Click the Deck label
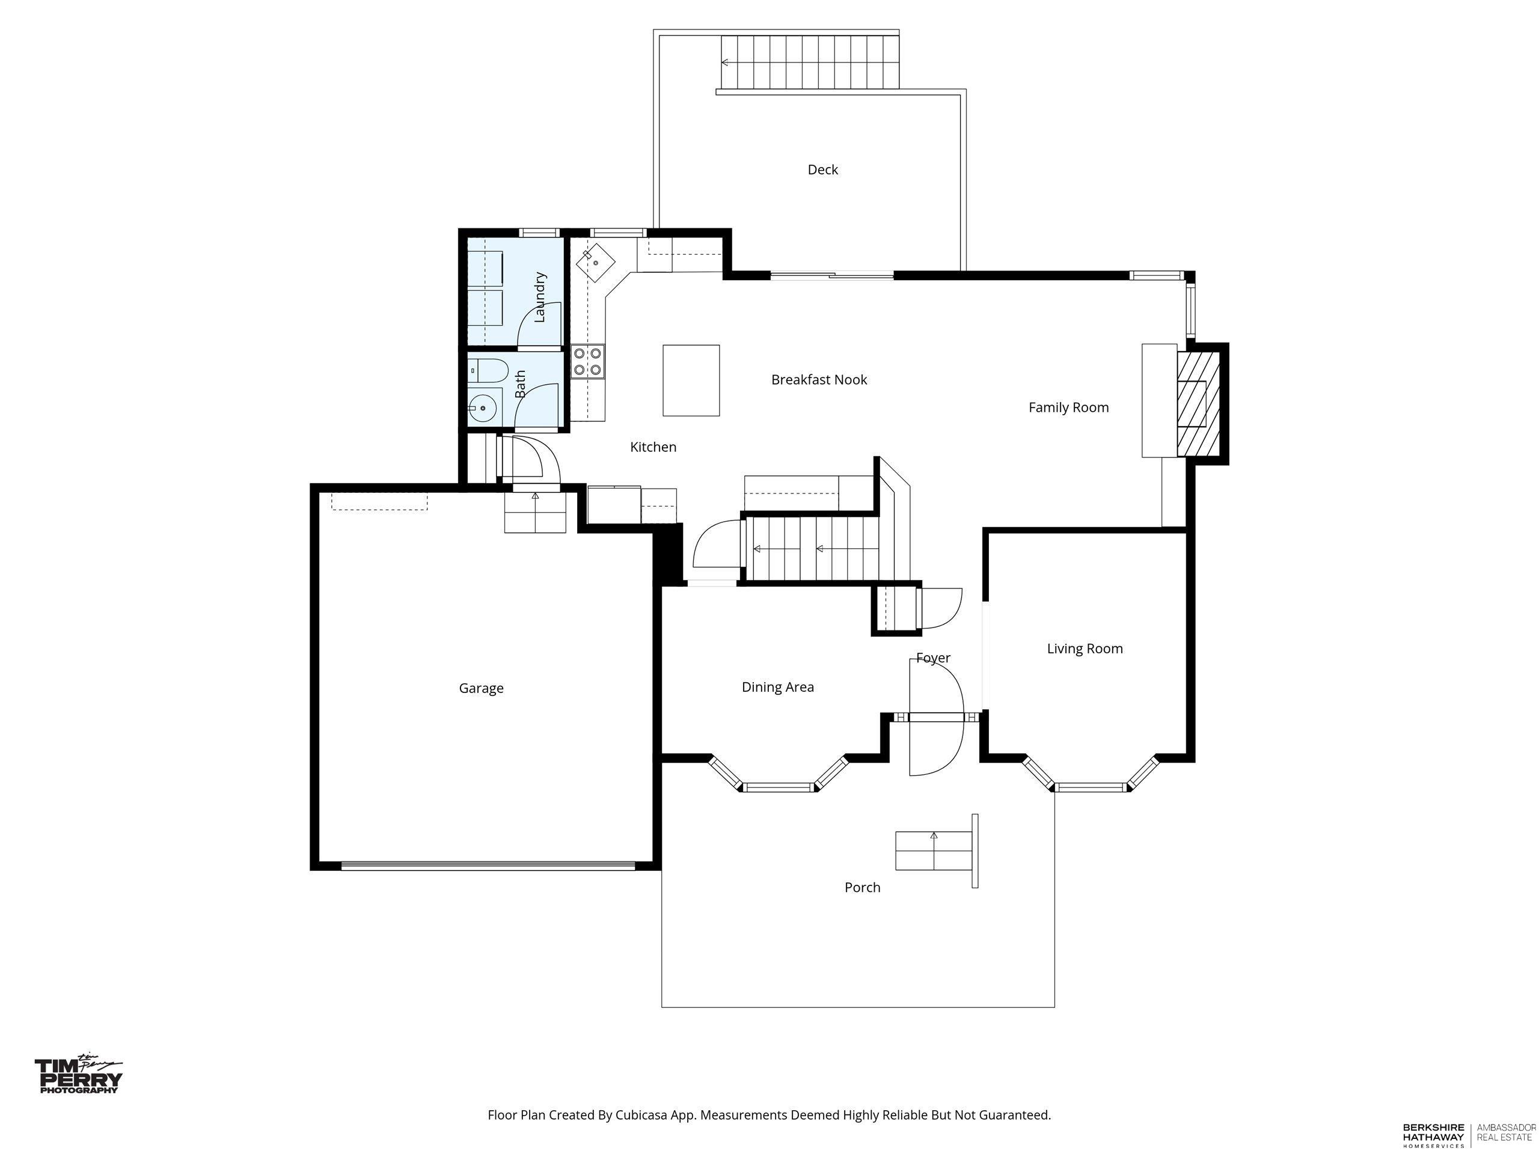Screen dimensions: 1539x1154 click(x=822, y=169)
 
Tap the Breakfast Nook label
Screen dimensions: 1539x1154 click(x=819, y=380)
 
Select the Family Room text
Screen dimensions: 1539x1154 click(x=1069, y=408)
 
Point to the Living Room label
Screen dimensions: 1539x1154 click(x=1085, y=649)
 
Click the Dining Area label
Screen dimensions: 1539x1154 click(x=778, y=687)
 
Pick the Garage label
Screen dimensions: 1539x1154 click(x=481, y=689)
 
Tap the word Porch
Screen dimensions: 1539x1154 click(x=862, y=888)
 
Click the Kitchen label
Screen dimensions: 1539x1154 click(x=653, y=447)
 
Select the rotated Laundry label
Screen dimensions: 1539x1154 click(x=540, y=297)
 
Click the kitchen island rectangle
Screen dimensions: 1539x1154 click(x=691, y=380)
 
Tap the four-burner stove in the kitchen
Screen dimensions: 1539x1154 click(x=588, y=362)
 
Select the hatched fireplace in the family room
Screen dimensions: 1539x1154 click(x=1198, y=403)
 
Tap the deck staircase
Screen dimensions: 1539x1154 click(x=810, y=62)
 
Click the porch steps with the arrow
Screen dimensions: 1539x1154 click(x=934, y=850)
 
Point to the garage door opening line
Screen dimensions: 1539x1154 click(x=488, y=866)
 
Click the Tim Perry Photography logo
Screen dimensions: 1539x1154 click(x=79, y=1074)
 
